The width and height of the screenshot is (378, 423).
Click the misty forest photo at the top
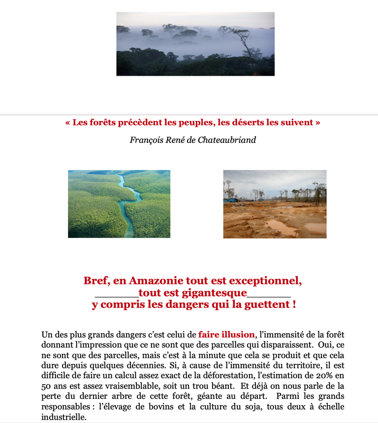tap(195, 44)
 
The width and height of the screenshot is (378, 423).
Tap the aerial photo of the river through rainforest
tap(119, 204)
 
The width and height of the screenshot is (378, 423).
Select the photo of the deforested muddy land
tap(275, 204)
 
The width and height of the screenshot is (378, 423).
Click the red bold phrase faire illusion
tap(226, 335)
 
